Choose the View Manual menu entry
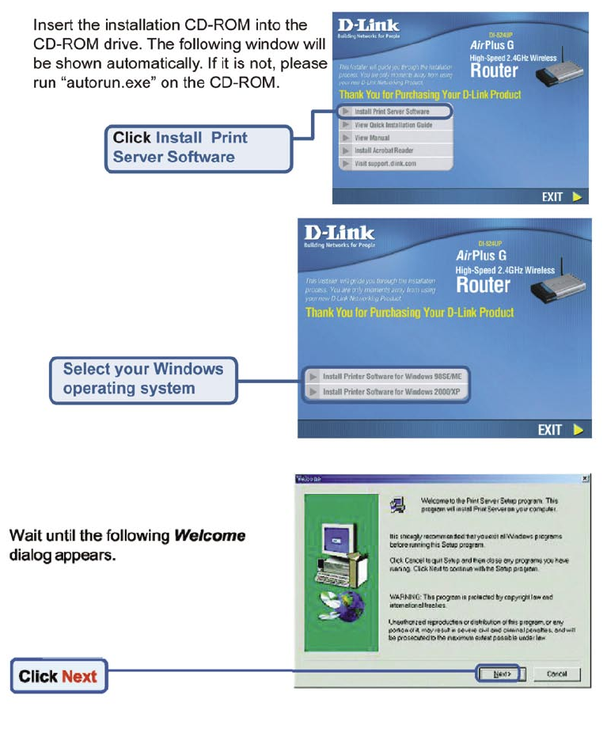click(x=372, y=137)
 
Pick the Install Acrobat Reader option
click(x=383, y=150)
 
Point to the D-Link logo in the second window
click(x=340, y=236)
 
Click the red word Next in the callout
click(x=79, y=677)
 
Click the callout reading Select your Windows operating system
click(x=142, y=378)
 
